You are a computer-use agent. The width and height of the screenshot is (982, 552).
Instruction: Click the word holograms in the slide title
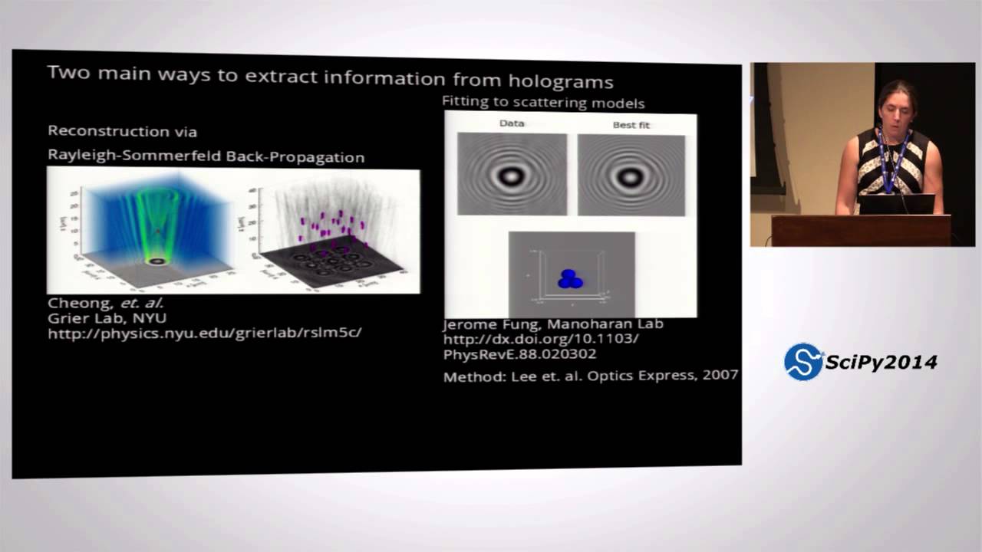[x=566, y=80]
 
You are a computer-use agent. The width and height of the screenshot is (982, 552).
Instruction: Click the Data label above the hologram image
[x=512, y=123]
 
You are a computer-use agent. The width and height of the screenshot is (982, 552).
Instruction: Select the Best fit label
[x=631, y=124]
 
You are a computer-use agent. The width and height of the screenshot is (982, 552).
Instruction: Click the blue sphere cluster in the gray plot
[x=569, y=279]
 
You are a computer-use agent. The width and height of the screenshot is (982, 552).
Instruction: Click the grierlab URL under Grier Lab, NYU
[x=204, y=333]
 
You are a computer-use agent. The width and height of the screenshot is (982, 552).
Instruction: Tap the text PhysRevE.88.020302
[x=519, y=353]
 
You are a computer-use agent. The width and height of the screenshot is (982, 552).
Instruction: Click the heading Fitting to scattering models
[x=542, y=103]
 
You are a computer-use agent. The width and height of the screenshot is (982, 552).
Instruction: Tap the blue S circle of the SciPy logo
[x=802, y=362]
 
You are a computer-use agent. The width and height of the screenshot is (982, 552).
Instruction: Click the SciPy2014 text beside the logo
[x=881, y=362]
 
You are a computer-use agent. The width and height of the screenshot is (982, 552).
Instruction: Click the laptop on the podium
[x=896, y=204]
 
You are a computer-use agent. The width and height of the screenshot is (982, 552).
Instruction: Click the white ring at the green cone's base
[x=157, y=261]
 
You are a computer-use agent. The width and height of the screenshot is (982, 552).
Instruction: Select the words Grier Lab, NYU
[x=107, y=317]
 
